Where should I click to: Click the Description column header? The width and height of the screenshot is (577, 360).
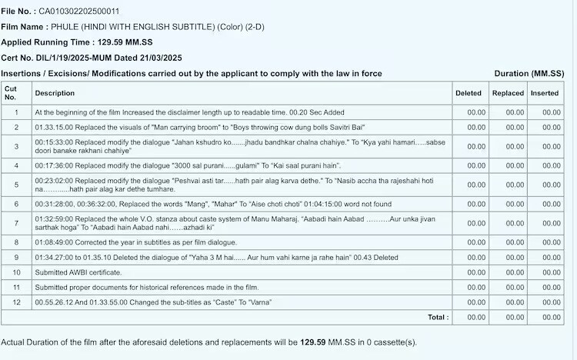point(55,93)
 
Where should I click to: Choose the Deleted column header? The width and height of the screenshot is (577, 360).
point(468,93)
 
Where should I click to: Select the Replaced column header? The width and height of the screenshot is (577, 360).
point(508,93)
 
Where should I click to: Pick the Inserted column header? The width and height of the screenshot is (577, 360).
point(545,93)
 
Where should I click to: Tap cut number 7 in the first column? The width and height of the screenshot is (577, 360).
point(15,222)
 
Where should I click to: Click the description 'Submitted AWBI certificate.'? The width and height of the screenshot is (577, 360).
point(78,272)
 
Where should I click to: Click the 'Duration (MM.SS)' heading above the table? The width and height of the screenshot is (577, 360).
point(529,73)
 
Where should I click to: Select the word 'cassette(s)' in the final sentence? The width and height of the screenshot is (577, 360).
point(394,342)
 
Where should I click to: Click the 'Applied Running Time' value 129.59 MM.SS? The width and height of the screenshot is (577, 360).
point(122,42)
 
